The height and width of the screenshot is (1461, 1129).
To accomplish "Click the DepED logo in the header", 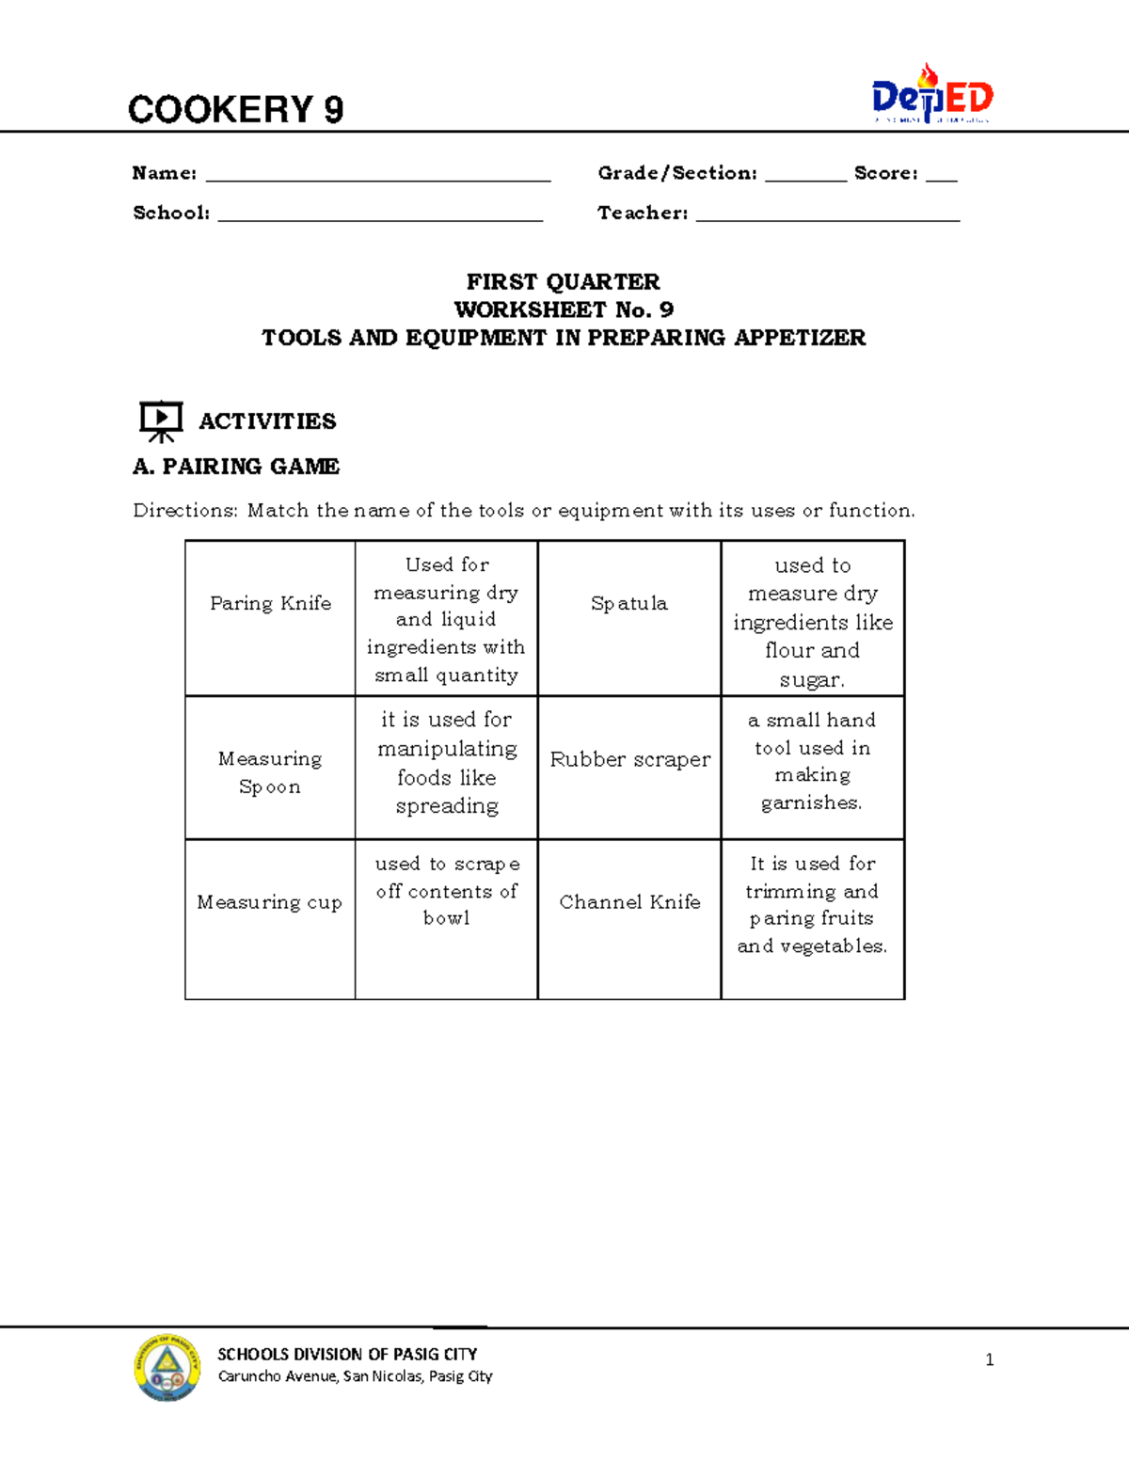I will point(931,95).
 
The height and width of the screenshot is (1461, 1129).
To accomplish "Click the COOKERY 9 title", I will point(235,110).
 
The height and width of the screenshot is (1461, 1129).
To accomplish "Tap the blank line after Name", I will point(377,176).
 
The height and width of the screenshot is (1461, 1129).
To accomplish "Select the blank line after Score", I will point(941,176).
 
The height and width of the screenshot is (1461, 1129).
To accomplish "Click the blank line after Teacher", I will point(827,216).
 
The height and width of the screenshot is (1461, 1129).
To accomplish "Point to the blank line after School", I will point(380,216).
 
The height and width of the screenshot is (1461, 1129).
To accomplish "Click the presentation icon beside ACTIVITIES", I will point(161,421).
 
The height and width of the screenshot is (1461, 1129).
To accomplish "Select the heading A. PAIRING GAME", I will point(236,467).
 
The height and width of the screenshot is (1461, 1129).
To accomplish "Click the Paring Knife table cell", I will point(270,604).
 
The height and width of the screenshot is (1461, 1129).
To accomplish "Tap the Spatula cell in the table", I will point(629,604).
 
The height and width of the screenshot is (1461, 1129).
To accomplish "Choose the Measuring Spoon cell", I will point(270,772).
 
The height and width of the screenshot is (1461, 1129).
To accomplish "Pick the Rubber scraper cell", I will point(629,759).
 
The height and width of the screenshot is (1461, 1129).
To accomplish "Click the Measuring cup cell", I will point(270,902).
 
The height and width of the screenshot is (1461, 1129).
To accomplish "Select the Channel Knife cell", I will point(629,902).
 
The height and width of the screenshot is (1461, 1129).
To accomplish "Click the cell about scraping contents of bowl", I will point(447,891).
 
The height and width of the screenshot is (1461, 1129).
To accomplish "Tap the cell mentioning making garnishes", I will point(812,761).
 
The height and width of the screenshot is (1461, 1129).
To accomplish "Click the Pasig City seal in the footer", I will point(167,1367).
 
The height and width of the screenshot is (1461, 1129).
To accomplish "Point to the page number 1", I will point(989,1359).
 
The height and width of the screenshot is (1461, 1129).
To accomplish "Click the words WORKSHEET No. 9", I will point(564,310).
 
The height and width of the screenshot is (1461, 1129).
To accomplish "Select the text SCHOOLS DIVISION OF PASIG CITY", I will point(347,1355).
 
